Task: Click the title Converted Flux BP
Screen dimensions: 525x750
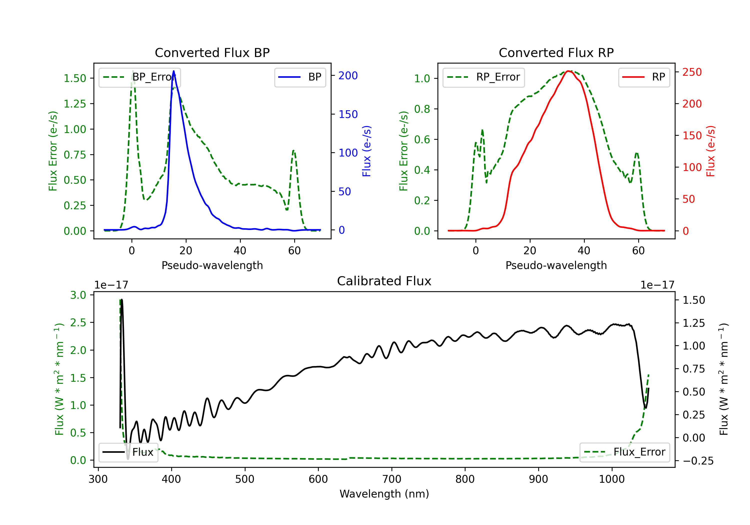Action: pos(212,52)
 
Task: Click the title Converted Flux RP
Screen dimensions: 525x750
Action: pos(556,52)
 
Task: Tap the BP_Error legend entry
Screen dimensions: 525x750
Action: pos(140,77)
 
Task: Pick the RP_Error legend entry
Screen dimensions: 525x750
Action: pos(483,77)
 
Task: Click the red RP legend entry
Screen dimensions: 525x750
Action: pos(644,77)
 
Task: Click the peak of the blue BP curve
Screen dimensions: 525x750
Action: pos(173,71)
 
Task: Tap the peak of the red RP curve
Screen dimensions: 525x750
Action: pos(568,71)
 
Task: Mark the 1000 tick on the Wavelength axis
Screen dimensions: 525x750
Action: pos(611,479)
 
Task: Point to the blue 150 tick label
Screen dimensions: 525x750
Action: pos(348,114)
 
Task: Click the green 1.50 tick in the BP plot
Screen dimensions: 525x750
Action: pos(75,78)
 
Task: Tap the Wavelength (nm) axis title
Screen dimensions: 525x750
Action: pos(384,494)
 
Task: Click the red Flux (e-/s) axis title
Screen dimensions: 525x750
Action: pos(710,151)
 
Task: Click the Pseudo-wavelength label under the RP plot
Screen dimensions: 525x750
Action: pos(556,265)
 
